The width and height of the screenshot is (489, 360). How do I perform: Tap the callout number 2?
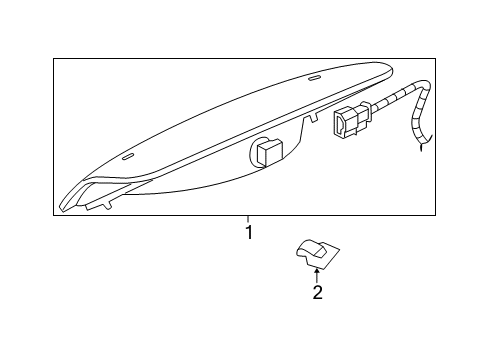coord(317,292)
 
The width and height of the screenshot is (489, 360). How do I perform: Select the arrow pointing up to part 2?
coord(317,273)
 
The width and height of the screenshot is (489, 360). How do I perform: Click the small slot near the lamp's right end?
coord(315,76)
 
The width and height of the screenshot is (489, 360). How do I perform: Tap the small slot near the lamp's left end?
coord(127,156)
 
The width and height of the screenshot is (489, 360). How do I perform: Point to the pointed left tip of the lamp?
coord(65,205)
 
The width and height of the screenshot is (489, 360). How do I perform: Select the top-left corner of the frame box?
coord(54,58)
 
